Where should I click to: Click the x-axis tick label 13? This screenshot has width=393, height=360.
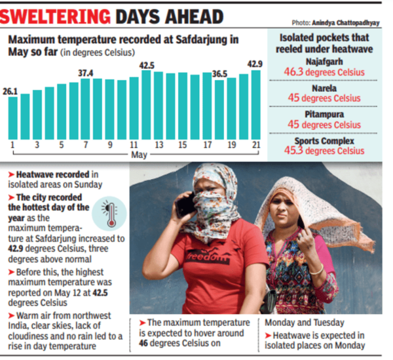(x=159, y=144)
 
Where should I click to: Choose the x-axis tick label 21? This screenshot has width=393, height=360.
(x=255, y=144)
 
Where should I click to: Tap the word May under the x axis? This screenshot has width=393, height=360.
(x=139, y=155)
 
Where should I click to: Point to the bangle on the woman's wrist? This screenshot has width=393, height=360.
(x=316, y=270)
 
